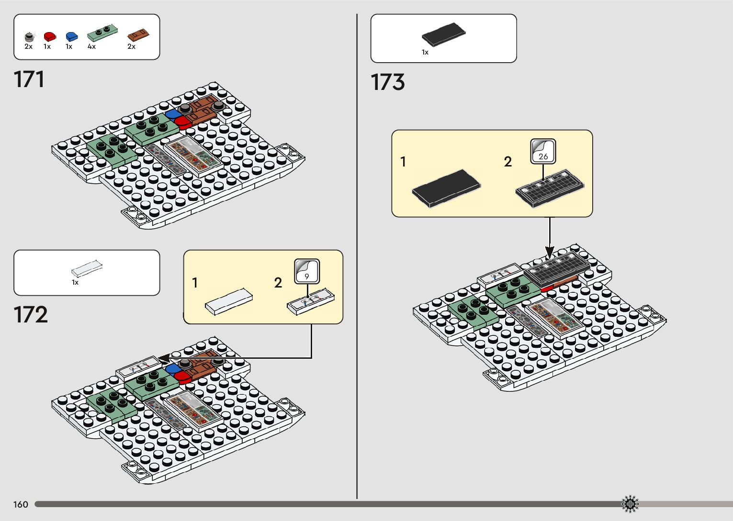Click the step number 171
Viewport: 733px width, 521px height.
point(29,79)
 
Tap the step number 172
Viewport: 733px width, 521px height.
point(31,315)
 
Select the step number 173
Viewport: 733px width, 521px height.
point(387,82)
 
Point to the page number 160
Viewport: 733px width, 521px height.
point(21,504)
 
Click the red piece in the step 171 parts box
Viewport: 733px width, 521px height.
point(49,36)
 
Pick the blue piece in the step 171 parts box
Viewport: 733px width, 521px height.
point(71,36)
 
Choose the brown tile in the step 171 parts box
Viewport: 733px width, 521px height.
point(138,35)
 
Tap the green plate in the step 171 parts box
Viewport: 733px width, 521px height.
point(102,33)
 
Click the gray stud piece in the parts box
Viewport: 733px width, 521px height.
point(29,36)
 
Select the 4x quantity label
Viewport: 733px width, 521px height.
point(91,47)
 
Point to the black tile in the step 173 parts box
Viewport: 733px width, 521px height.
point(443,34)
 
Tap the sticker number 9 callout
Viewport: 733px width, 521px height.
point(306,271)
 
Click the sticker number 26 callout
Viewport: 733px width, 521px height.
point(543,151)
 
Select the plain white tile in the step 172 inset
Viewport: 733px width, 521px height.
point(229,301)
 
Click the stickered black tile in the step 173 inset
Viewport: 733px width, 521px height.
point(550,188)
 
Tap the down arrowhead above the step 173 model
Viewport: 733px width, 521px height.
point(550,252)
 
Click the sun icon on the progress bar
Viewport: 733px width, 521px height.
point(630,504)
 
